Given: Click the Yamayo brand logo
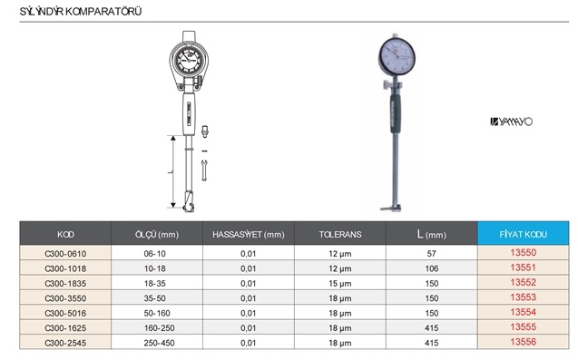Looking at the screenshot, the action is click(511, 122).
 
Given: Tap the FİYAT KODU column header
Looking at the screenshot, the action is click(523, 234).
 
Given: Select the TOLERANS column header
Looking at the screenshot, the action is click(340, 234).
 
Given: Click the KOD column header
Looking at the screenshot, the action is click(65, 234).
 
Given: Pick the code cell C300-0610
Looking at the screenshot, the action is click(65, 254).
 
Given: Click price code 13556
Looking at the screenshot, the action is click(523, 342).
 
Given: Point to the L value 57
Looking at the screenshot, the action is click(432, 254).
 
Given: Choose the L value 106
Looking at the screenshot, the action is click(432, 268).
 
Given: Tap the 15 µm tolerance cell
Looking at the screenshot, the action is click(340, 284).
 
